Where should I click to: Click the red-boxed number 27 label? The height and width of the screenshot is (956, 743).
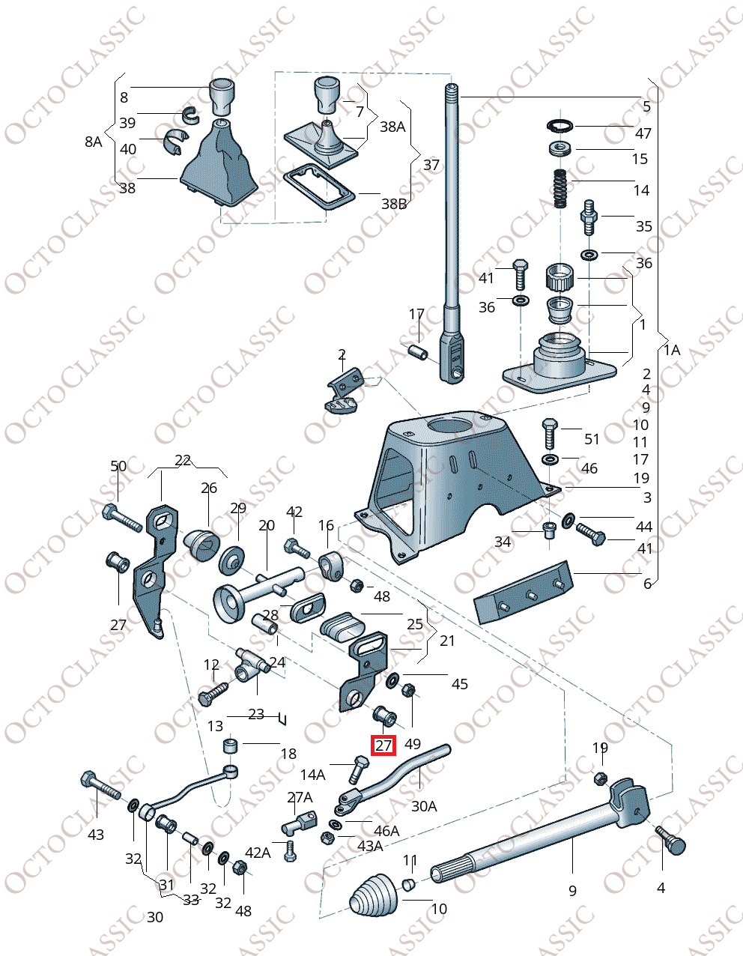383,745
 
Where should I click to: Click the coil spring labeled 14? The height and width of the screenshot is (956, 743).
559,190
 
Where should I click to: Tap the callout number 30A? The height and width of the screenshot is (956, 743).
424,806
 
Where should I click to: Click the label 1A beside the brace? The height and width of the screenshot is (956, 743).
672,350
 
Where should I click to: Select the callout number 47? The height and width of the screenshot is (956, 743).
643,133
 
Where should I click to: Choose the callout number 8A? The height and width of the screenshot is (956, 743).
93,142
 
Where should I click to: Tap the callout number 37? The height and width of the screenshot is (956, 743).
431,164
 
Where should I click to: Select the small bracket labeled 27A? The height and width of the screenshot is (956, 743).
298,825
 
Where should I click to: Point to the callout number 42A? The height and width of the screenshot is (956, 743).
258,852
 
